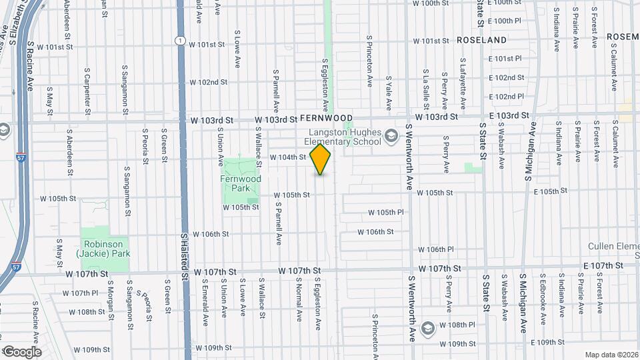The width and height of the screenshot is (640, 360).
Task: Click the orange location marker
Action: coord(321,159)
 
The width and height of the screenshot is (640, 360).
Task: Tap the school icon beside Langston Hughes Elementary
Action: coord(391,137)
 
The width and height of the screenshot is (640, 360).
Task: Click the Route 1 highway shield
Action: coord(180,41)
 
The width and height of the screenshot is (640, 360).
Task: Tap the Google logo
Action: coord(21,351)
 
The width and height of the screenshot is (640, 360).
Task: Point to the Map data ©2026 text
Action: coord(611,355)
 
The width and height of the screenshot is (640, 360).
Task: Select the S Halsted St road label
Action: coord(184,256)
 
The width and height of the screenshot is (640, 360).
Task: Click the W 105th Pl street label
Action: coord(386,212)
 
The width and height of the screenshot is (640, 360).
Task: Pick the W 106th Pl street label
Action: coord(436,249)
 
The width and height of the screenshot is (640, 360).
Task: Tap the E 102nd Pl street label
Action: coord(506,96)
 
